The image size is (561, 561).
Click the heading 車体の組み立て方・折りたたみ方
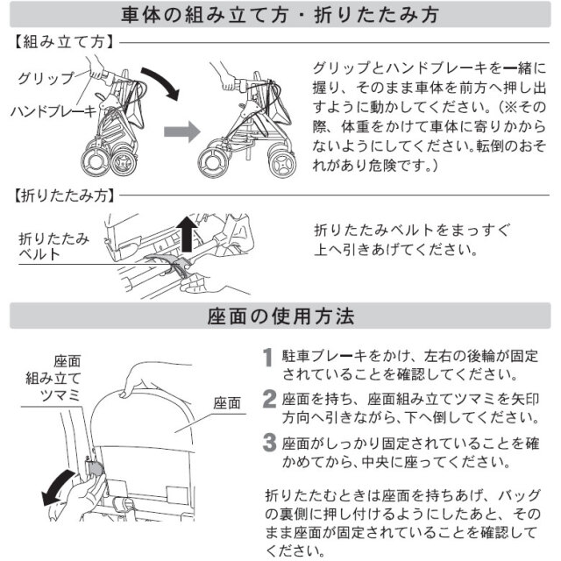tap(280, 15)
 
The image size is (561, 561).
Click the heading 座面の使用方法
tap(280, 316)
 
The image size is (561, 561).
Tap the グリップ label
tap(46, 78)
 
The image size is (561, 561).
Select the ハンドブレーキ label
tap(53, 111)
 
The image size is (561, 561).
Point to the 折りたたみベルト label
tap(53, 246)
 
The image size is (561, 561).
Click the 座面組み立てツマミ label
tap(53, 379)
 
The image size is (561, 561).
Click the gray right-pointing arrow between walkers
tap(182, 131)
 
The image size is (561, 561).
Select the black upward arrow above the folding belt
tap(187, 234)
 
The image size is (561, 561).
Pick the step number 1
tap(267, 357)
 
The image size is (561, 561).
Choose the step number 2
tap(269, 399)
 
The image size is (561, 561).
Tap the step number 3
tap(269, 443)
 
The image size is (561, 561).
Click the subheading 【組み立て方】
tap(64, 42)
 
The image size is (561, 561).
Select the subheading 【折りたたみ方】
tap(64, 195)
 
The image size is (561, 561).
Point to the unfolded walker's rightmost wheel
tap(282, 163)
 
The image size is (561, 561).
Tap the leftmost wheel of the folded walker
tap(95, 161)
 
